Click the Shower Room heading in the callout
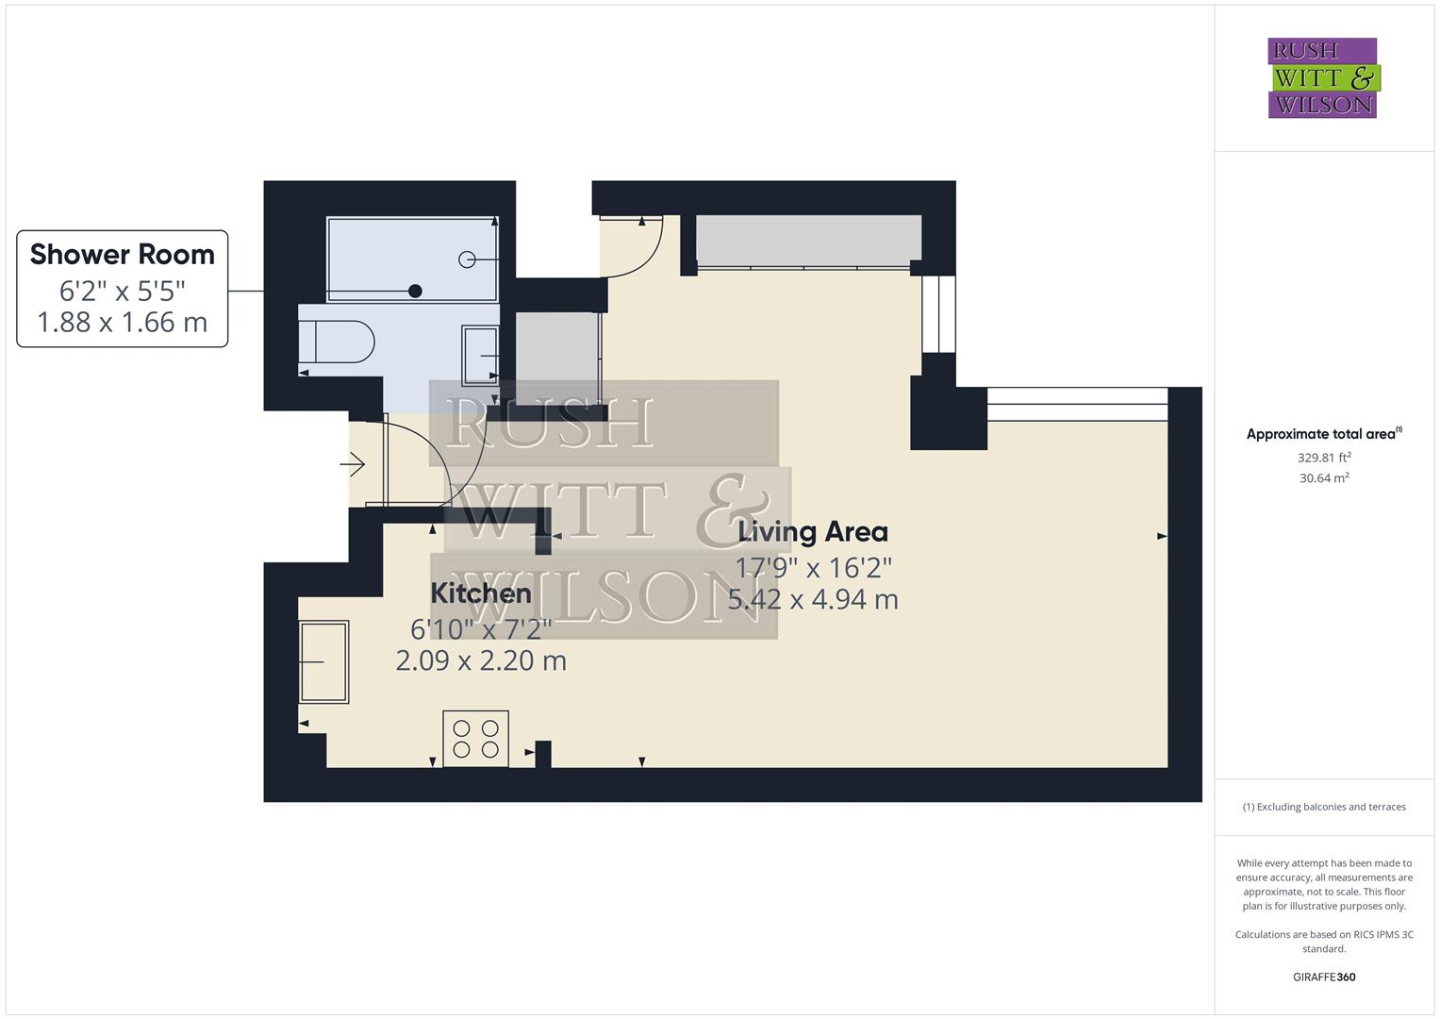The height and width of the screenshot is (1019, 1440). (x=123, y=255)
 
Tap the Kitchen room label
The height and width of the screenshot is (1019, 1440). (x=481, y=593)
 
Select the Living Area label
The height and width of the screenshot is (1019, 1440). (x=812, y=532)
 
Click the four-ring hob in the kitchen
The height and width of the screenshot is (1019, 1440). (x=475, y=739)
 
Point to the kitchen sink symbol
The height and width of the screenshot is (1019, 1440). (x=323, y=661)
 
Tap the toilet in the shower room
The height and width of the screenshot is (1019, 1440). (x=337, y=342)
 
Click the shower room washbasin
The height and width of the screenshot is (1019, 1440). (x=480, y=355)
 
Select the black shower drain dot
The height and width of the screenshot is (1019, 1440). (x=415, y=292)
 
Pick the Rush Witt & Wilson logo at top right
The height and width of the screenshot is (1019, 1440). (x=1322, y=78)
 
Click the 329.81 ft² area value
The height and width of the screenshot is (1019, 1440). (x=1324, y=458)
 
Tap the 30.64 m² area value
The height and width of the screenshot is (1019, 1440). (x=1324, y=478)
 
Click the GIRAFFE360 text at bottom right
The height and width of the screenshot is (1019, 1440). (x=1324, y=977)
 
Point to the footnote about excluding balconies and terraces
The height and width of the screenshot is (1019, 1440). (x=1324, y=807)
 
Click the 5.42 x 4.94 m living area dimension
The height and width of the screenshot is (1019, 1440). (x=813, y=599)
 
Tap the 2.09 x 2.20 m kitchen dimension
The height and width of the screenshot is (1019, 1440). (x=481, y=660)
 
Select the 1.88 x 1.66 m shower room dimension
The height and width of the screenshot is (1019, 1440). (x=123, y=323)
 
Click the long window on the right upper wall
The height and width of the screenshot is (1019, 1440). (x=1077, y=404)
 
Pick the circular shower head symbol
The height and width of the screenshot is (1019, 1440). (x=467, y=259)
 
